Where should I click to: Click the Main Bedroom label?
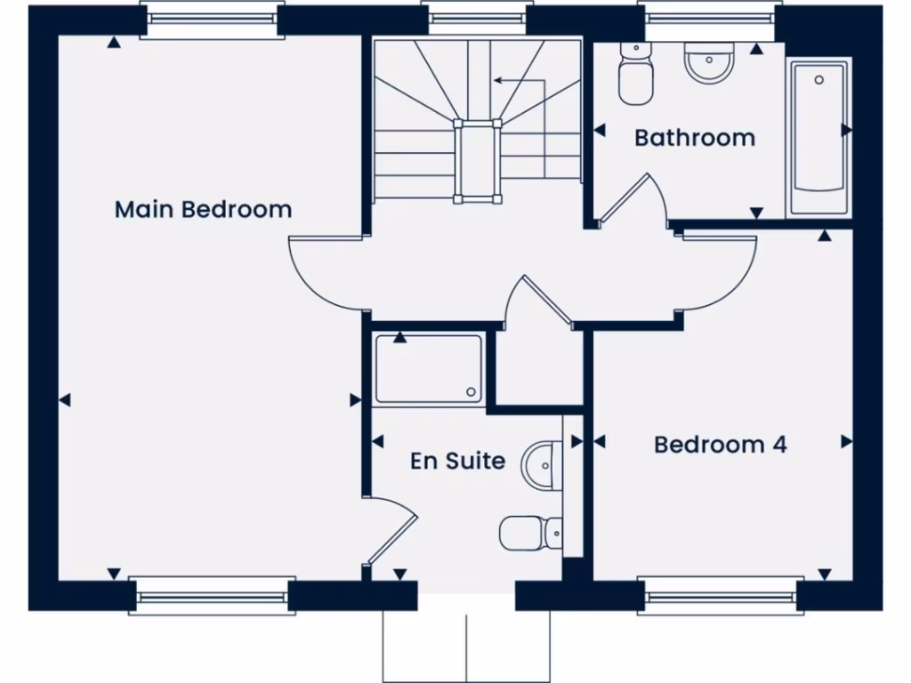[203, 210]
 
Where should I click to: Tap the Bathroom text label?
[695, 138]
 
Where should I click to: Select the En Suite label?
[457, 461]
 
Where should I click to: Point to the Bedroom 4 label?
[721, 444]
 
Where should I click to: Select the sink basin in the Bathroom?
[709, 62]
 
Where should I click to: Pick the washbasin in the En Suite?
[543, 465]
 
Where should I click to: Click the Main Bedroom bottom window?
[212, 596]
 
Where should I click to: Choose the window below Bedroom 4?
[720, 596]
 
